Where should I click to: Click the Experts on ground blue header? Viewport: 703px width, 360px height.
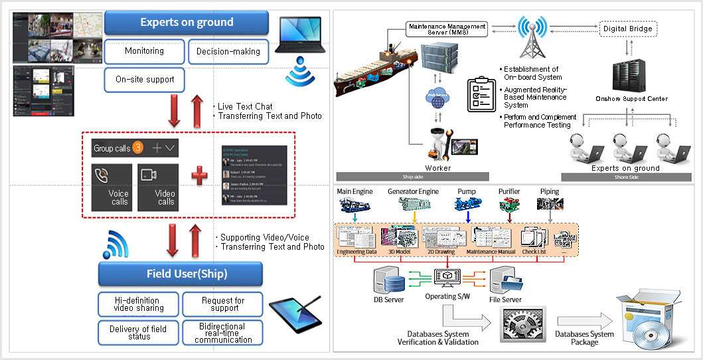pos(187,23)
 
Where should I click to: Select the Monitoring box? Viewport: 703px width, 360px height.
pos(144,51)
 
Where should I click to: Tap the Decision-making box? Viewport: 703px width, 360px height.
pos(228,51)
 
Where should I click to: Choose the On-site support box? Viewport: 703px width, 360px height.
pos(144,79)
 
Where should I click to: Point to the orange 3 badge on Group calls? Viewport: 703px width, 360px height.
pos(138,148)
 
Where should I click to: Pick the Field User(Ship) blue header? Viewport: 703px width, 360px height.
pos(181,274)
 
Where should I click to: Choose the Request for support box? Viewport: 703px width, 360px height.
pos(222,304)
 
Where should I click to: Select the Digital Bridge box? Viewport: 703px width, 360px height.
pos(627,29)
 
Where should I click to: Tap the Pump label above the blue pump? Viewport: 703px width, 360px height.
pos(467,191)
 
